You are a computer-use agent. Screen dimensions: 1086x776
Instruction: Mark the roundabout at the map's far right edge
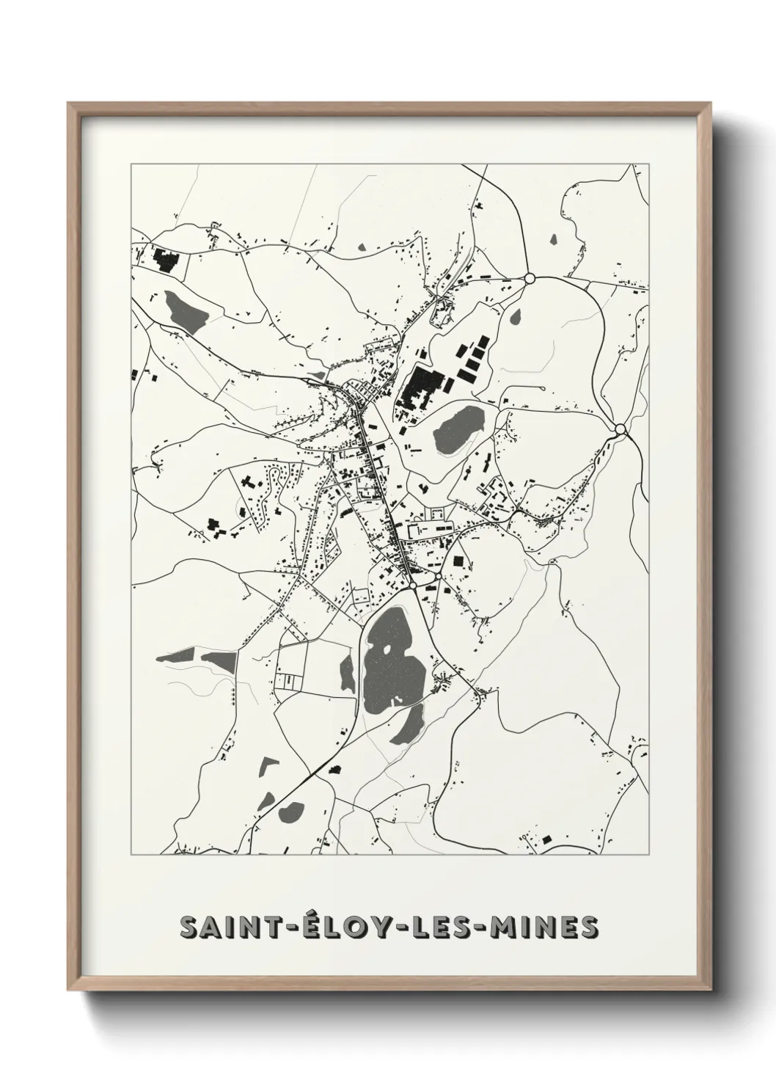[621, 429]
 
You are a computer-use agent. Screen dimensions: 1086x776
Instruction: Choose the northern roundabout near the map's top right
[529, 278]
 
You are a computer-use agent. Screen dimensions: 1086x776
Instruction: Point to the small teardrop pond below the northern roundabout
[516, 317]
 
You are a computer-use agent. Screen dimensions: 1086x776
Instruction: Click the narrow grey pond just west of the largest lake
[348, 671]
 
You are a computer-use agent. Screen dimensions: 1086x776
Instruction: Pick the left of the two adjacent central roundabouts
[414, 585]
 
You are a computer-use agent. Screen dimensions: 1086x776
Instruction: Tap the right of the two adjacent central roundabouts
[438, 577]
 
